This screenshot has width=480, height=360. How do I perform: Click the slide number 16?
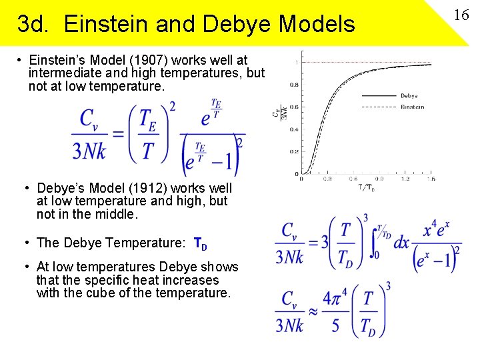click(461, 15)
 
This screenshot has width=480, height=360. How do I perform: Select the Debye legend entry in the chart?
click(409, 96)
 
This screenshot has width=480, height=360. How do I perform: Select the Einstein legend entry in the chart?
click(412, 107)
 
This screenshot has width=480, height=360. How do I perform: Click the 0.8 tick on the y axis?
click(293, 85)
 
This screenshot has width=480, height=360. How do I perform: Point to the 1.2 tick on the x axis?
click(404, 179)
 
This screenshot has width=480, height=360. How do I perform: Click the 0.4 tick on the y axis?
click(293, 129)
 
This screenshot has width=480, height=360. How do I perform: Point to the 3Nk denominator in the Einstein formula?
click(89, 151)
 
